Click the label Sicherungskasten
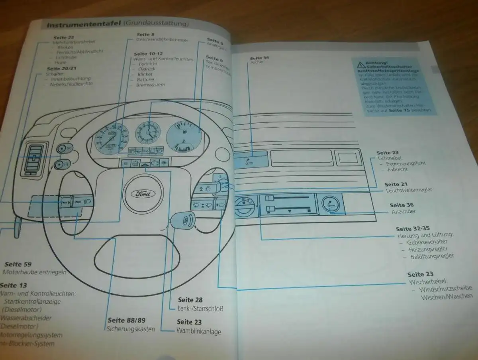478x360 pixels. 131,329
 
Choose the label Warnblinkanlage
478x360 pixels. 199,331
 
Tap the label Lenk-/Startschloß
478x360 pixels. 200,308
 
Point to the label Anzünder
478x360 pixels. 403,211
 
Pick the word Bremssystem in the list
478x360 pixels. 150,85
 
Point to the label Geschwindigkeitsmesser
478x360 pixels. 162,40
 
